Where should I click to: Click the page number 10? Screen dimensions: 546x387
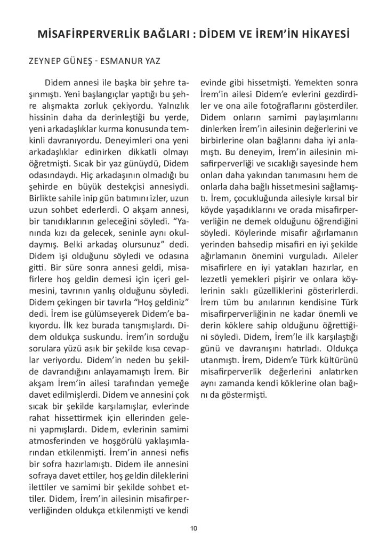click(193, 528)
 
